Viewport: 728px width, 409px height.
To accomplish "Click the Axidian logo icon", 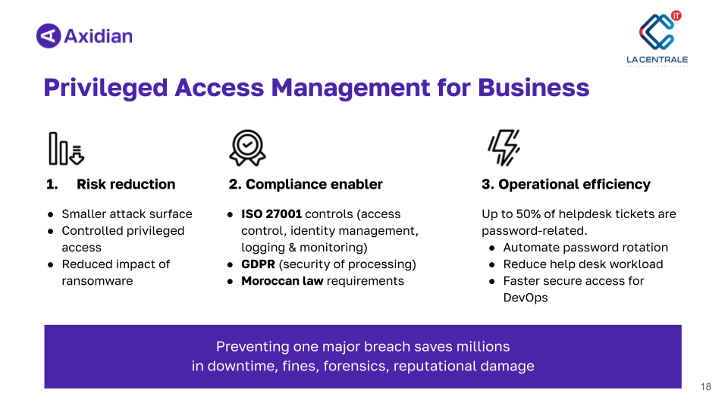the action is [49, 36].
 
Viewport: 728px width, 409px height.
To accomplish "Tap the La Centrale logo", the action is [657, 39].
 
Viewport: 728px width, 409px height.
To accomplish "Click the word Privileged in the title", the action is [105, 88].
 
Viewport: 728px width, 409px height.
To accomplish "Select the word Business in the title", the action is [533, 88].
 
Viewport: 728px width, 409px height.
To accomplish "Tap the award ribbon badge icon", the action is [247, 148].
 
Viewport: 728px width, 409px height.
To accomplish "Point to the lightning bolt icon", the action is [504, 148].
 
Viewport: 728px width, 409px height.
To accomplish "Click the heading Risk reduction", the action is [126, 184].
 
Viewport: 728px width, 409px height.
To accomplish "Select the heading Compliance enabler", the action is [314, 184].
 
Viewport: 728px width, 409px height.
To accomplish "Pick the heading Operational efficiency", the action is [574, 184].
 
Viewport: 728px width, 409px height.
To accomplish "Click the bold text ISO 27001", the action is [271, 214].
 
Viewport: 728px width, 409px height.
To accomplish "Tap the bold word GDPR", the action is [258, 264].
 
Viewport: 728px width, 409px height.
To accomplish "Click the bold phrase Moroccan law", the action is [282, 280].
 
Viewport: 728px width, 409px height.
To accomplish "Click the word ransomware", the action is [97, 280].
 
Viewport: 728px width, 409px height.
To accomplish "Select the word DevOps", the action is [526, 298].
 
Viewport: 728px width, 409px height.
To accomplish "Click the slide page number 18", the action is [706, 386].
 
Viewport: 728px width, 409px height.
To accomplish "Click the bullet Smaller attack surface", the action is [127, 214].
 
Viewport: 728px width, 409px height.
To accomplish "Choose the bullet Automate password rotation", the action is [585, 247].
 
